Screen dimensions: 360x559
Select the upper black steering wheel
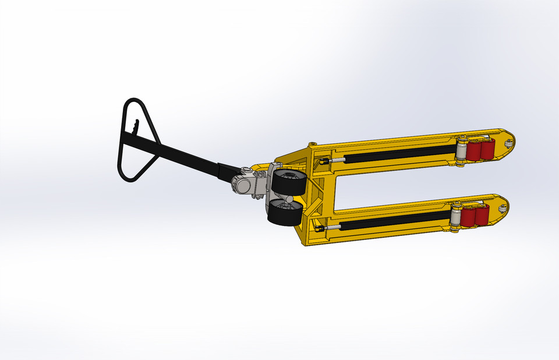(x=288, y=183)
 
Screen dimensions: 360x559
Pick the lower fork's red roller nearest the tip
(x=482, y=216)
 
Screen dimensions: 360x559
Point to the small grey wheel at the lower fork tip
(x=500, y=207)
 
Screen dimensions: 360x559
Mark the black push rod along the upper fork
(x=402, y=153)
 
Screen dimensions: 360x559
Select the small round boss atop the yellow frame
(x=313, y=143)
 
